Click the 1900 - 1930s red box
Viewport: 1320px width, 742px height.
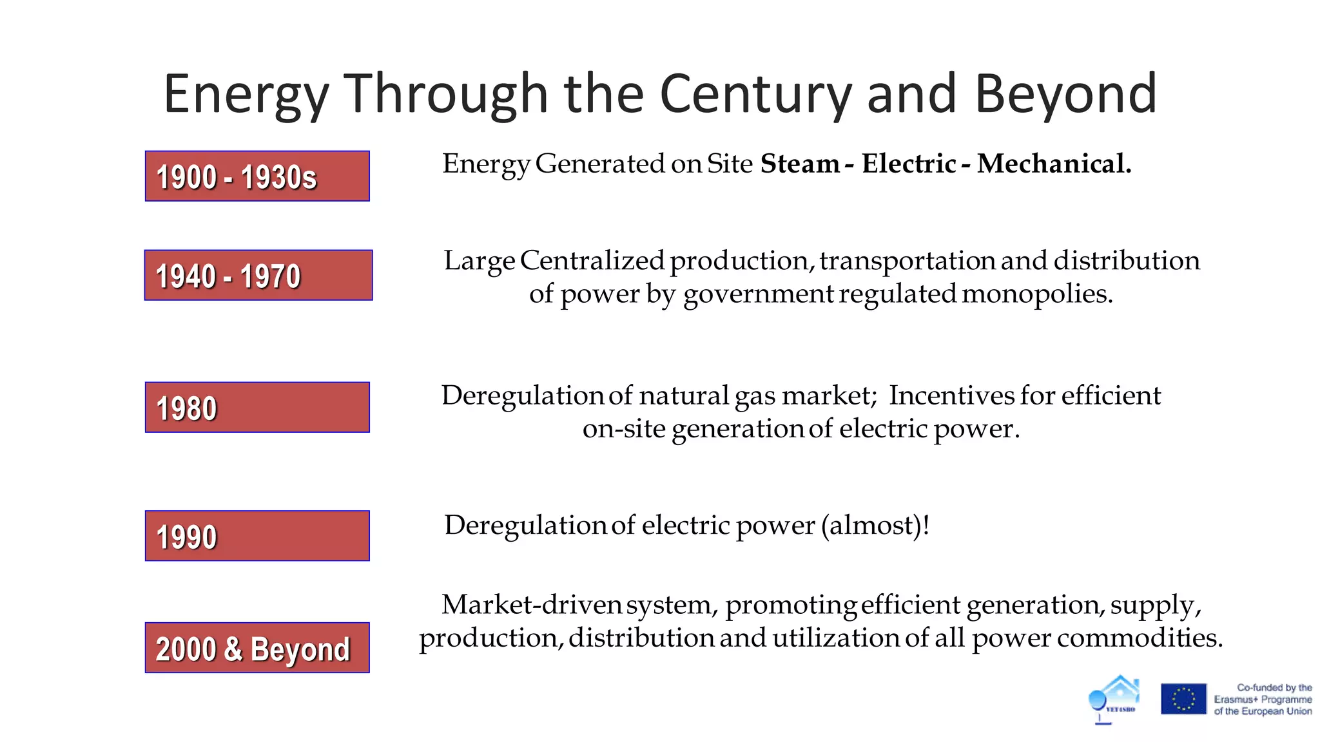257,176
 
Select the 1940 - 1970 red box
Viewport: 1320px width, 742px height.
258,276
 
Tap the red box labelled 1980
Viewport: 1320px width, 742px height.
257,408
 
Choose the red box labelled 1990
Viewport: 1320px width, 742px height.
257,536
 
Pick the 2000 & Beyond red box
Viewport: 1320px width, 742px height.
257,648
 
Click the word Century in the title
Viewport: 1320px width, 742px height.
755,94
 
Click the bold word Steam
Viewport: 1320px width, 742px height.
800,164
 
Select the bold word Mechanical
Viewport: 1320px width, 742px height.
1054,164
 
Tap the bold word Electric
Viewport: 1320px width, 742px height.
909,164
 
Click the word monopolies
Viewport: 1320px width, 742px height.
1037,294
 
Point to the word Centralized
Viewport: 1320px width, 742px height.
592,260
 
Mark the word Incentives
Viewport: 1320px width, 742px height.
950,395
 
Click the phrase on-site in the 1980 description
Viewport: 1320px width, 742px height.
624,429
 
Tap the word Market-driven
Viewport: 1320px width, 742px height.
531,605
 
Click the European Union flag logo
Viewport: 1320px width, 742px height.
1183,699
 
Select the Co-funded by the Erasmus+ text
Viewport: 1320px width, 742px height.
1263,699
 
